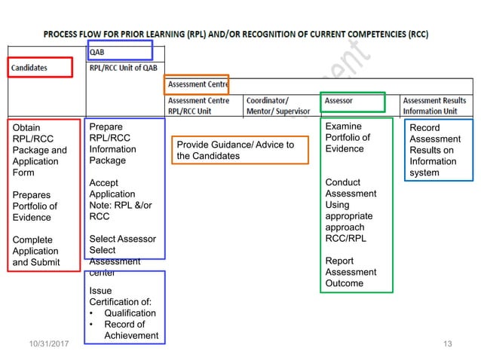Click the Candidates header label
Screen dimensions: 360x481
pyautogui.click(x=29, y=67)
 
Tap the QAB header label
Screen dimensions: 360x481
pyautogui.click(x=97, y=52)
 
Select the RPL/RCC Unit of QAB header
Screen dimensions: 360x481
pyautogui.click(x=124, y=67)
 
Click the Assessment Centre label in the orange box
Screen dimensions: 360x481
pyautogui.click(x=198, y=84)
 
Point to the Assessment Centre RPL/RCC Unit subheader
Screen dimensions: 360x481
pyautogui.click(x=198, y=105)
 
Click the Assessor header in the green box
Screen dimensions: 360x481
pyautogui.click(x=339, y=101)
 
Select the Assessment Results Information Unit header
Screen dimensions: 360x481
pyautogui.click(x=434, y=105)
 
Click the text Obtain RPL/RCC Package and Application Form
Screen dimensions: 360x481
pyautogui.click(x=39, y=150)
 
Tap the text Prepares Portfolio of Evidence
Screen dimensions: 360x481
pyautogui.click(x=35, y=206)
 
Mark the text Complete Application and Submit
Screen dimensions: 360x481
pyautogui.click(x=35, y=251)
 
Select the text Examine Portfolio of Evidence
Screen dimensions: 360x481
pyautogui.click(x=348, y=137)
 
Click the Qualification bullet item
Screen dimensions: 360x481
pyautogui.click(x=130, y=313)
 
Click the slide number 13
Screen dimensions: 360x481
pyautogui.click(x=448, y=344)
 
